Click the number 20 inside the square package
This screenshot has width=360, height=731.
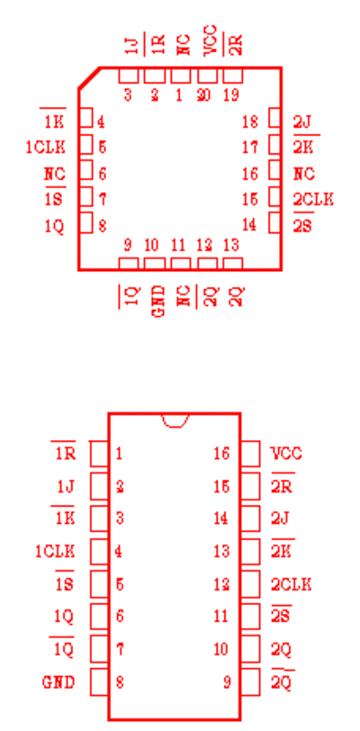(203, 95)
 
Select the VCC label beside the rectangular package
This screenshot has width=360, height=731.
(286, 453)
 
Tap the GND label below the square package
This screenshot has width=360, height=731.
(159, 301)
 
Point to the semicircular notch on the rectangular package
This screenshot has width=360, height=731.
(175, 420)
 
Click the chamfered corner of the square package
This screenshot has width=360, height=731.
(89, 77)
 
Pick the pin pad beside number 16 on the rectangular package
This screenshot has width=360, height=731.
(250, 453)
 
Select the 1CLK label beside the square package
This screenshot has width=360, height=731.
(46, 148)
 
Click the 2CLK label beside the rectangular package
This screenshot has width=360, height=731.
(291, 584)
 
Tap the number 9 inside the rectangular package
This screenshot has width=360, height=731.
(227, 682)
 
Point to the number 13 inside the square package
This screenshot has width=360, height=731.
(231, 245)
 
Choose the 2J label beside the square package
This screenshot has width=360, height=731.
(301, 122)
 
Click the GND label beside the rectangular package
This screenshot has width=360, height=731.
(58, 682)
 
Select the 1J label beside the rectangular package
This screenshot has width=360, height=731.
(66, 487)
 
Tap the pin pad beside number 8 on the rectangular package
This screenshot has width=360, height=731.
(99, 682)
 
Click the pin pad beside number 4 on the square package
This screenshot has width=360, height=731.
(86, 117)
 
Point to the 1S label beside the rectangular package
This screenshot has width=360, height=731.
(65, 584)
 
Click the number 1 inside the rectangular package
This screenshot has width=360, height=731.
(120, 453)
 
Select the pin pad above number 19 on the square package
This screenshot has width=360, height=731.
(233, 76)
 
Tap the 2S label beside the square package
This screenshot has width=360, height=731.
(303, 227)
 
